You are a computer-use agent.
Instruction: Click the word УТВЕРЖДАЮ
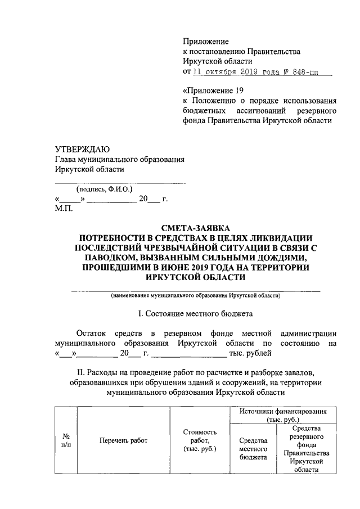(82, 149)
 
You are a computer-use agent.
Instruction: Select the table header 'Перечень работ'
(123, 440)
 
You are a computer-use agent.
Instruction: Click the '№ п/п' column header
(65, 440)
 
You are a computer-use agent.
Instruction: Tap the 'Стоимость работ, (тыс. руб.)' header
(200, 440)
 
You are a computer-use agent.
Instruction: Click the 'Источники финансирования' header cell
(290, 416)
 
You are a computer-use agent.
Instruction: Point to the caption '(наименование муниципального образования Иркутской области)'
(195, 296)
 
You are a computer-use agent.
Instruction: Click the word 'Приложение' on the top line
(206, 41)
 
